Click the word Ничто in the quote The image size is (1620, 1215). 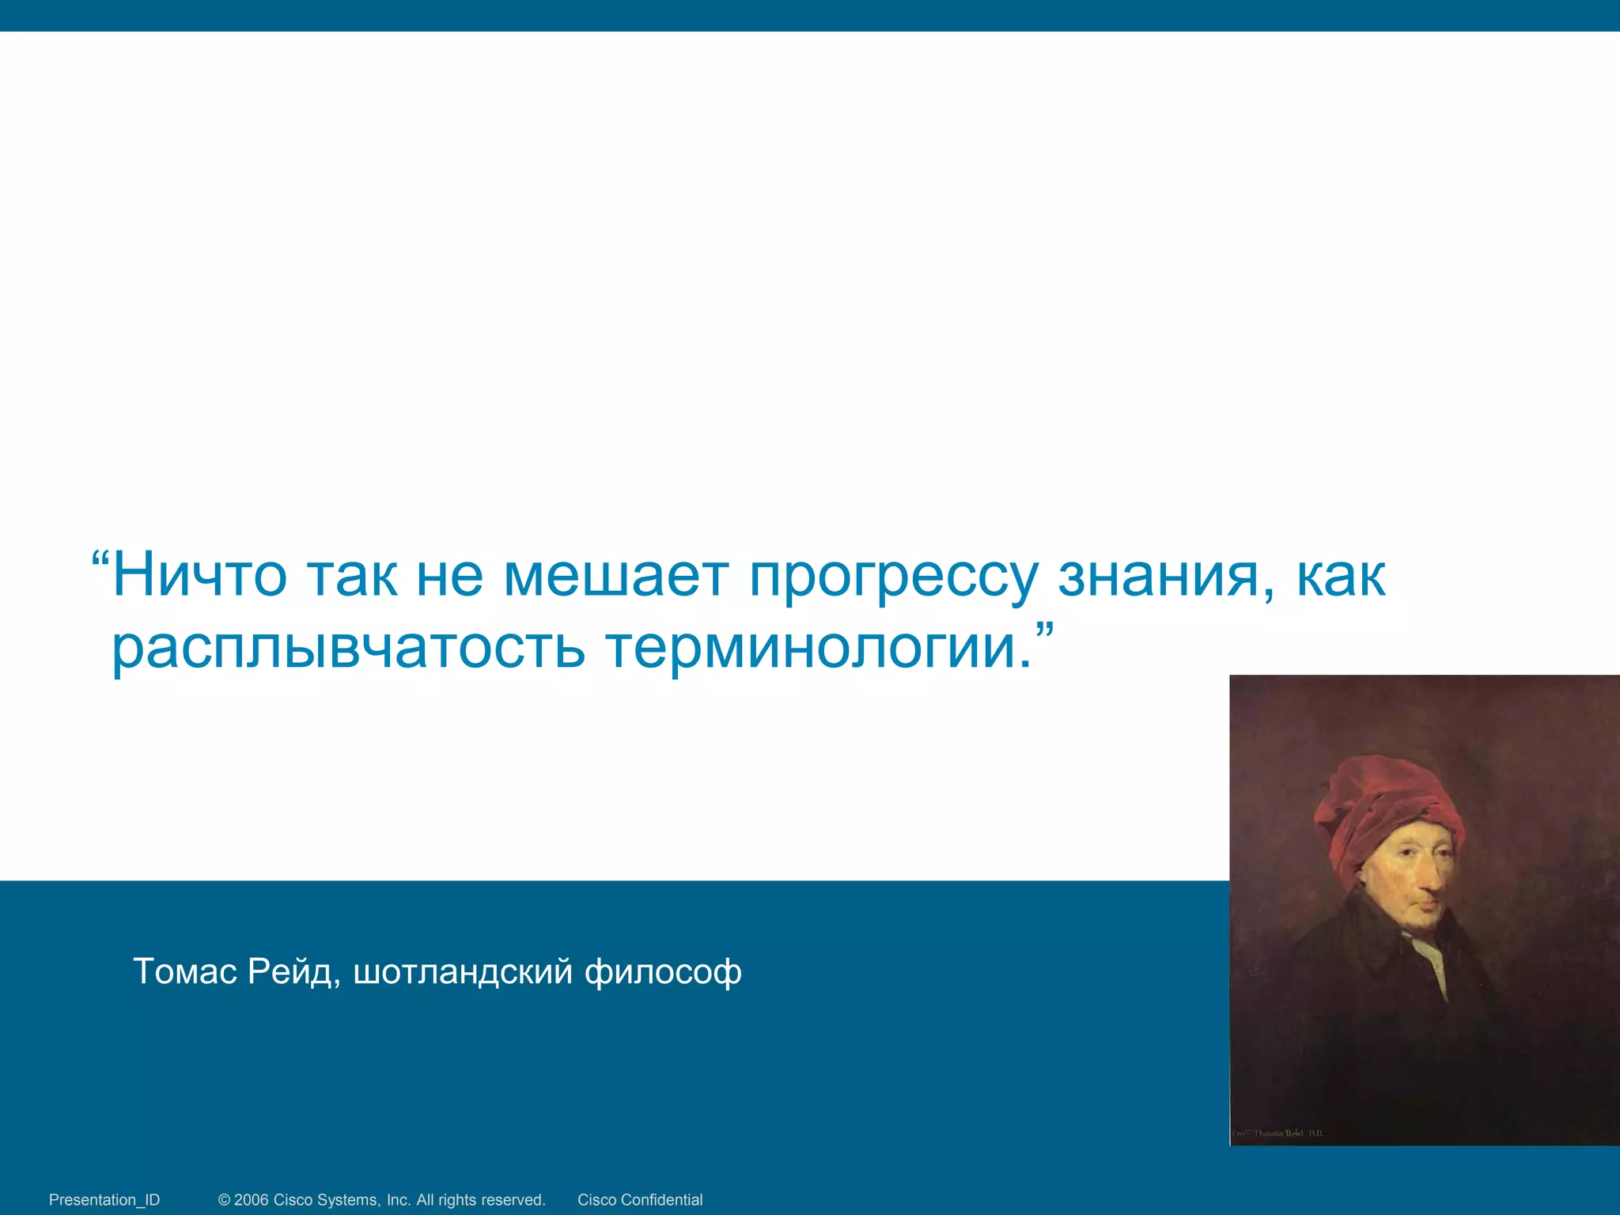tap(199, 575)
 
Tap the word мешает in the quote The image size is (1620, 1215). tap(615, 575)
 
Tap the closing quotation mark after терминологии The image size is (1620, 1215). tap(1045, 633)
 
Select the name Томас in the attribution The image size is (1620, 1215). tap(185, 971)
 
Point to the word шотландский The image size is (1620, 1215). tap(463, 971)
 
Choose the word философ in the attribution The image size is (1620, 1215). tap(663, 971)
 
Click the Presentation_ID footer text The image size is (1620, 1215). tap(104, 1199)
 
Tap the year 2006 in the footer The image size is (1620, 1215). tap(251, 1199)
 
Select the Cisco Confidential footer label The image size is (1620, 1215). tap(640, 1199)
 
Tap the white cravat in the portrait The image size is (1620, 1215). tap(1432, 957)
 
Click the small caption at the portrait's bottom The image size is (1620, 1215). tap(1277, 1134)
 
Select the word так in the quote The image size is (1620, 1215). tap(352, 575)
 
